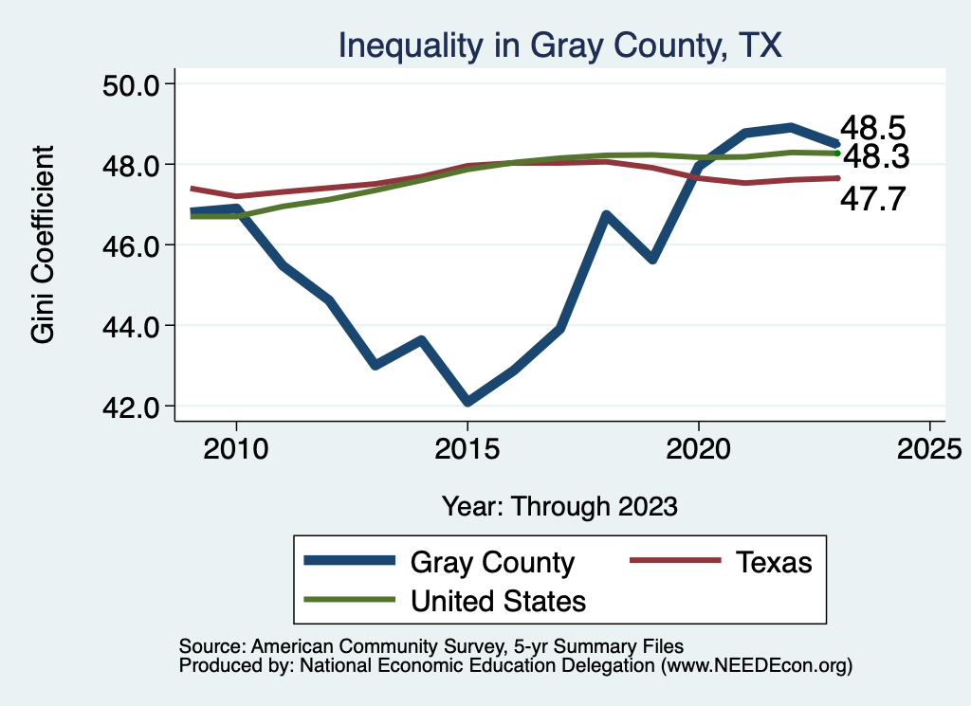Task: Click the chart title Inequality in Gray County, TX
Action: click(x=559, y=45)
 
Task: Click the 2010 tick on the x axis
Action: click(x=236, y=448)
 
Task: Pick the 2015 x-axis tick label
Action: click(x=467, y=448)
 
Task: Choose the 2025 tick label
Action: click(x=929, y=448)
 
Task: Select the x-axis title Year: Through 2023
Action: click(x=559, y=506)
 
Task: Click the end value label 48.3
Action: click(x=875, y=155)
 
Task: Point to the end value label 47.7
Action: click(x=873, y=199)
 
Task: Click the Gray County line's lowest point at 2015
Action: click(x=467, y=402)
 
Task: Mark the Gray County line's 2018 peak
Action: click(x=606, y=215)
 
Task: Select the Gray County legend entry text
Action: click(x=492, y=562)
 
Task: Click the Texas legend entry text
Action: click(x=774, y=562)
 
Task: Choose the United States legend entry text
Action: click(x=498, y=600)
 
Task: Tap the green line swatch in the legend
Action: click(x=349, y=600)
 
